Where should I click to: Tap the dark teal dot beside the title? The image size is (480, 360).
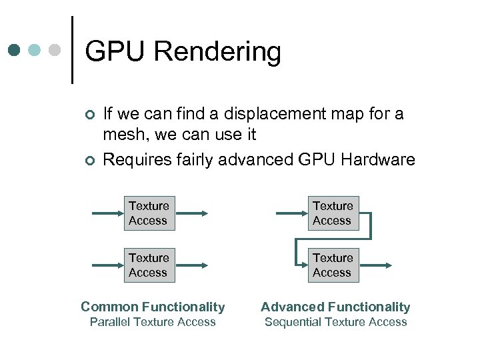click(x=15, y=50)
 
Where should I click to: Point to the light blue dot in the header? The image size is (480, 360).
click(x=35, y=50)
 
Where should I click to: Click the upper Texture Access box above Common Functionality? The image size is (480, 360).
click(x=149, y=213)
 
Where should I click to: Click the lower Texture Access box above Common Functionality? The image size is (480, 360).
click(x=149, y=265)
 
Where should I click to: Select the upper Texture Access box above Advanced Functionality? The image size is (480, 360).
click(x=333, y=213)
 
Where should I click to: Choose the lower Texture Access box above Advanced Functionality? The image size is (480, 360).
click(x=333, y=265)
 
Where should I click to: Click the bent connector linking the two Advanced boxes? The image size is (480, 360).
click(x=370, y=227)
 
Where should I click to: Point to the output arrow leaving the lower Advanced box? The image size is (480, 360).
click(x=375, y=265)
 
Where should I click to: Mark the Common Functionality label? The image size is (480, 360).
click(x=153, y=307)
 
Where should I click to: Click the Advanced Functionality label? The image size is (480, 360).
click(x=335, y=307)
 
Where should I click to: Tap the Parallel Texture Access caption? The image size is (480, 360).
click(x=153, y=322)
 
